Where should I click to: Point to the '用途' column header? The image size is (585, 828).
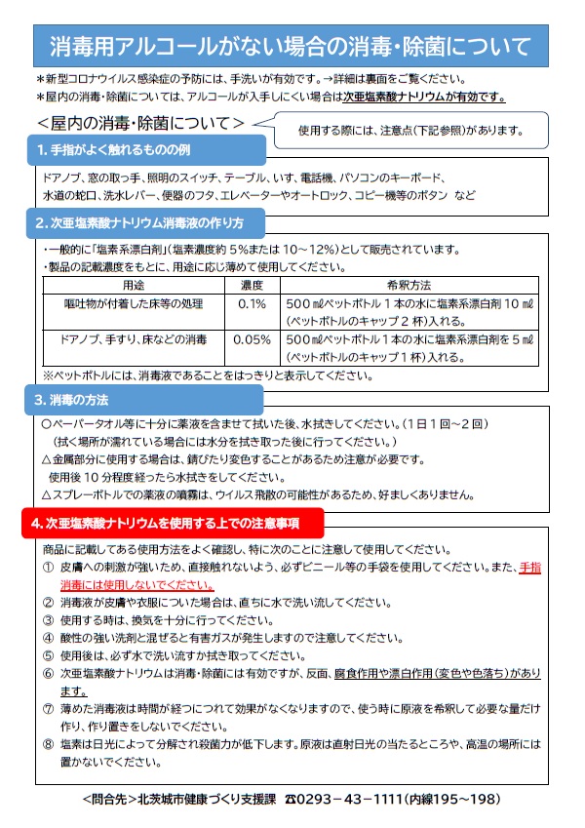tap(133, 285)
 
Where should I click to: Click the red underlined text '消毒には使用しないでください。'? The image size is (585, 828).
tap(137, 584)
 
